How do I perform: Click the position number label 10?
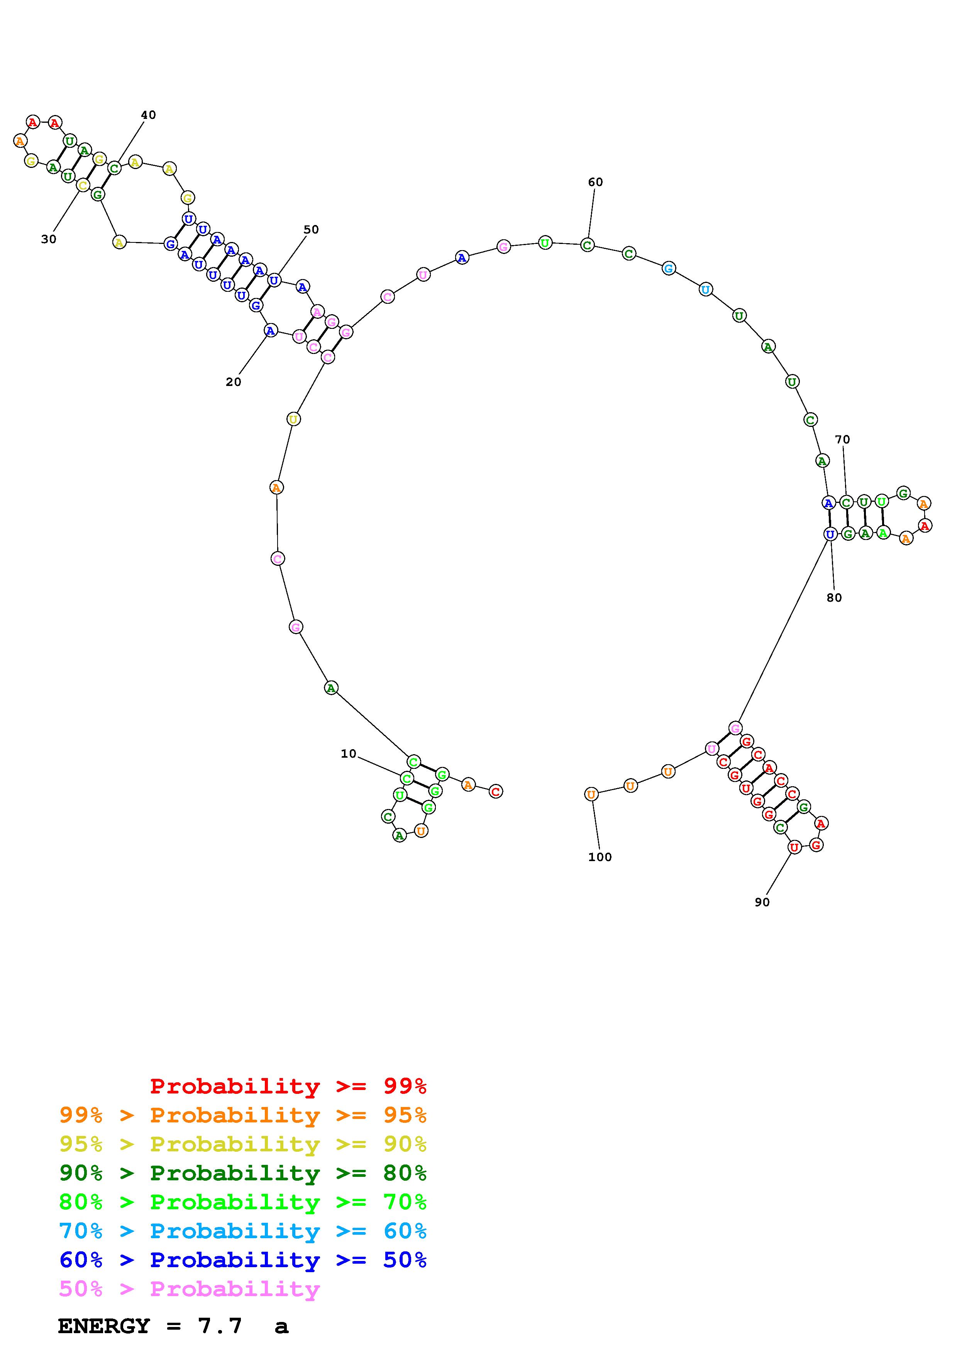349,754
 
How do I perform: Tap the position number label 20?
234,382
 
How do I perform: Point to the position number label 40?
149,115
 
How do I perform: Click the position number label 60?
596,182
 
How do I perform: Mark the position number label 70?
843,439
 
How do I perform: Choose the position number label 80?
834,597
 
